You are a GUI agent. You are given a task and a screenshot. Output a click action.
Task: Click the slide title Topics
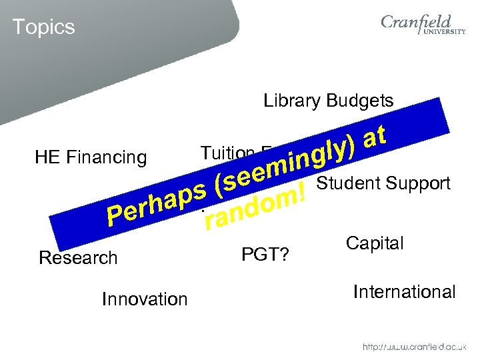tap(43, 27)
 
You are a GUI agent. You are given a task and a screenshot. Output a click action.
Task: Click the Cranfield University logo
tap(423, 27)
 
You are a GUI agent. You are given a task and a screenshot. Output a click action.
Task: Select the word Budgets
tap(360, 101)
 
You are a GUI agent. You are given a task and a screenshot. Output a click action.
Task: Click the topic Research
tap(78, 257)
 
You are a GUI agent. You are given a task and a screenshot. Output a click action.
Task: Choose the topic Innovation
tap(145, 299)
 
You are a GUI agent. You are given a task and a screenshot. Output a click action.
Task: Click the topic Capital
tap(375, 243)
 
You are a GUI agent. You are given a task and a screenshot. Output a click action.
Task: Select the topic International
tap(404, 292)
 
